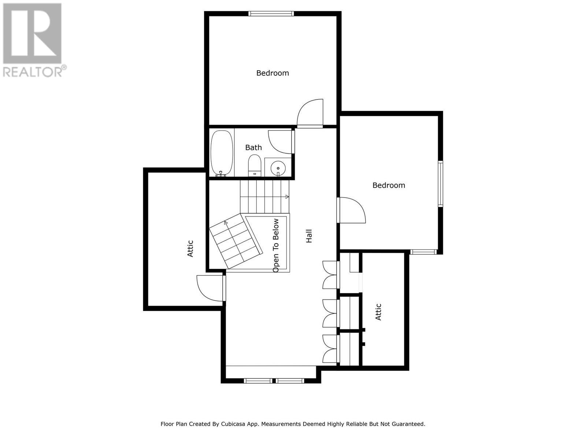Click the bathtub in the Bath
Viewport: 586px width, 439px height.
222,153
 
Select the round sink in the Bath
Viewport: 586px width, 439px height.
278,169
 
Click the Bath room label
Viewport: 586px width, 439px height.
253,147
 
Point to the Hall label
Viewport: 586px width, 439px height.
309,236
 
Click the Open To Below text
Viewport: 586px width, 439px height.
276,245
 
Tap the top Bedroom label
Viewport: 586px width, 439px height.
272,73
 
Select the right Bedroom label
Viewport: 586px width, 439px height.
389,185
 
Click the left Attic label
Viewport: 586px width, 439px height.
190,248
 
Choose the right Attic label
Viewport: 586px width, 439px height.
378,312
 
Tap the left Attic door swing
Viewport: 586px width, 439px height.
210,288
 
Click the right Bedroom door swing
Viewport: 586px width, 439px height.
352,210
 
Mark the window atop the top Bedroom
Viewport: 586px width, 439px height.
271,14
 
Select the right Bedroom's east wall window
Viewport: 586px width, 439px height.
441,184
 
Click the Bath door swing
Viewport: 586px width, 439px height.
281,142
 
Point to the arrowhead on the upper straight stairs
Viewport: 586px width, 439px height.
287,197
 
